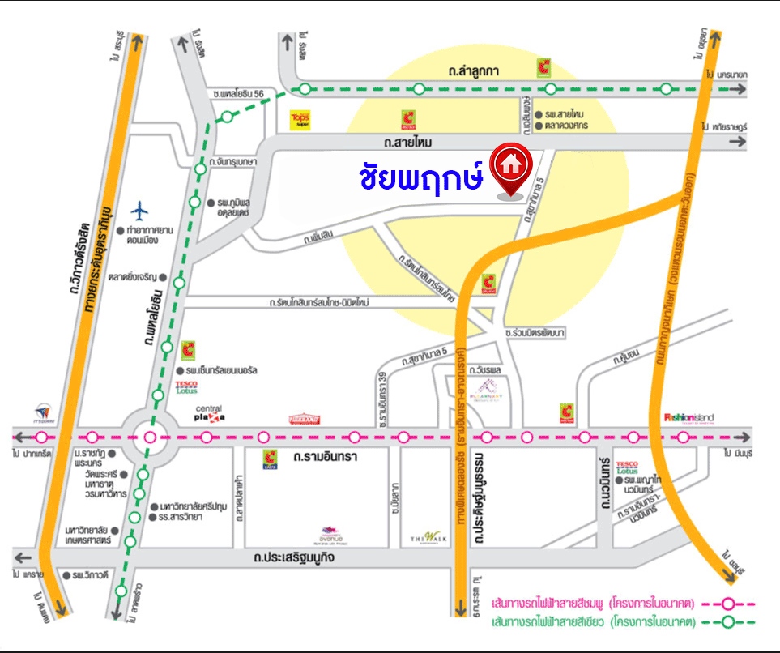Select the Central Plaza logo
[x=209, y=414]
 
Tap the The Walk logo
[x=424, y=537]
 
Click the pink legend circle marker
[x=727, y=604]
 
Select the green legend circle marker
[x=727, y=622]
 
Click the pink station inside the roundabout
[x=149, y=437]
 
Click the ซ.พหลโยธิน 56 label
[x=236, y=94]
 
